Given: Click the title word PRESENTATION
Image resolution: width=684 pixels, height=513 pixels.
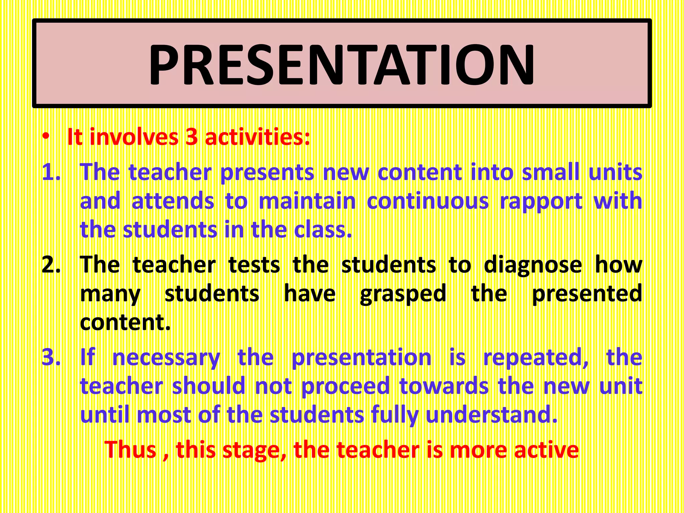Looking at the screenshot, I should [342, 64].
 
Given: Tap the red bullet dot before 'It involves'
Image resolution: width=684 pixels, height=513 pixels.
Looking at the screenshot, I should [46, 137].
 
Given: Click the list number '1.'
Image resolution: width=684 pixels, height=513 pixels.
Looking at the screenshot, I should [51, 172].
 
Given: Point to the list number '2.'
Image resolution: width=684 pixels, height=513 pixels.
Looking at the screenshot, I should [51, 265].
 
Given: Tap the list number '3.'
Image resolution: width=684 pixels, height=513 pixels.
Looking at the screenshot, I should [51, 357].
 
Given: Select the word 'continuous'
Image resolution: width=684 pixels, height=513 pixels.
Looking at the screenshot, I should [428, 201].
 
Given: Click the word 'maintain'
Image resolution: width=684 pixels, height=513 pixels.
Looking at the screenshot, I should [307, 201].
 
